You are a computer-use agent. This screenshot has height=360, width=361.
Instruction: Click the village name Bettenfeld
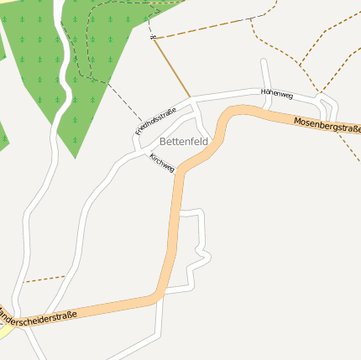183,142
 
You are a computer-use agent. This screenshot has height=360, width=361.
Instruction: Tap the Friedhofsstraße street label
156,122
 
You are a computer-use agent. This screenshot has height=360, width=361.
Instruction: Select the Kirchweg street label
162,163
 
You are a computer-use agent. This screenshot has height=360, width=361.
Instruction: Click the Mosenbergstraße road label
327,127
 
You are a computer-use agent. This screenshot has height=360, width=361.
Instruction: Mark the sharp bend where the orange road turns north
157,295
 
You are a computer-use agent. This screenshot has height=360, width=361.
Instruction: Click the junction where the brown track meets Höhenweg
191,99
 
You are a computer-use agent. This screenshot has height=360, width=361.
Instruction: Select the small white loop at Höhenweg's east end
329,107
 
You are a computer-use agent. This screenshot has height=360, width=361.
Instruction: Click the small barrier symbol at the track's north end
152,37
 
